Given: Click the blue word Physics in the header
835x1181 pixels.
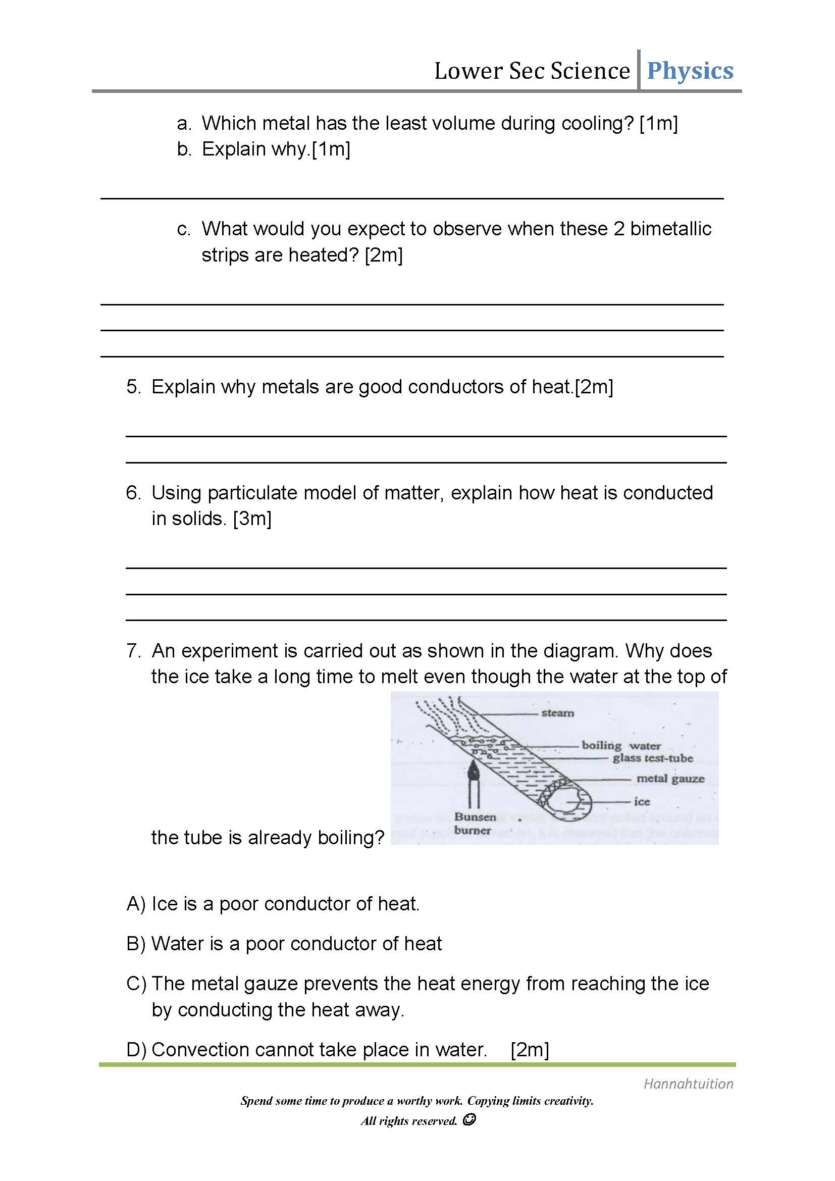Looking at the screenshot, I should click(690, 71).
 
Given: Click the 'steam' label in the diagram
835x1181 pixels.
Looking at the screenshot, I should click(557, 713).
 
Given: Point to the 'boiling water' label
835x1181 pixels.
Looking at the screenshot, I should click(621, 745).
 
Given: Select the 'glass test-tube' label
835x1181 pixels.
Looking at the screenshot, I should click(652, 758).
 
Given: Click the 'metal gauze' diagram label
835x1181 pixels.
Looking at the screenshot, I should click(670, 779).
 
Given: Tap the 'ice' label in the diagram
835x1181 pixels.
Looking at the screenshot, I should click(642, 801).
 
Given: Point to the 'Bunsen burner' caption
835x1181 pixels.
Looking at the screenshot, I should click(474, 823).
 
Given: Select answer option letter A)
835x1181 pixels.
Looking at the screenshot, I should click(136, 904).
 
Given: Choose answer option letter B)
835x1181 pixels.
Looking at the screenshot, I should click(136, 943).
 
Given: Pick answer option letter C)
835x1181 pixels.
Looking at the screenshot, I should click(136, 984).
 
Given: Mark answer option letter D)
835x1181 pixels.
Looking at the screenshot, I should click(136, 1049).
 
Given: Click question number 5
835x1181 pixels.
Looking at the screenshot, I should click(133, 387).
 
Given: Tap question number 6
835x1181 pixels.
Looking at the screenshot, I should click(133, 493).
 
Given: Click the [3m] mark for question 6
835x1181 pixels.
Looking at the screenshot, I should click(252, 519).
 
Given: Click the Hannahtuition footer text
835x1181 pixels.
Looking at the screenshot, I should click(688, 1084).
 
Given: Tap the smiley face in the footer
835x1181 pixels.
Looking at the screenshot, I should click(468, 1120).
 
